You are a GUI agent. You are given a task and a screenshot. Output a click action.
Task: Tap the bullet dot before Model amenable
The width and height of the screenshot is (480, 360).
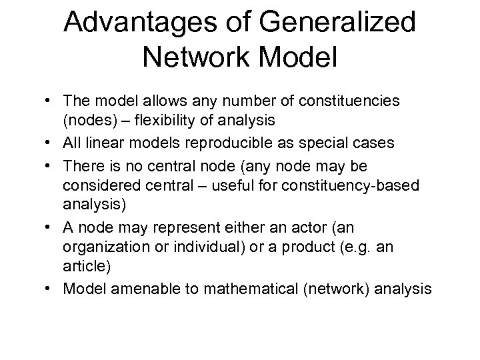[51, 290]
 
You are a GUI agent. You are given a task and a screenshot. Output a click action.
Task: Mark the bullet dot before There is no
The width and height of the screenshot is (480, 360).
[51, 164]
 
